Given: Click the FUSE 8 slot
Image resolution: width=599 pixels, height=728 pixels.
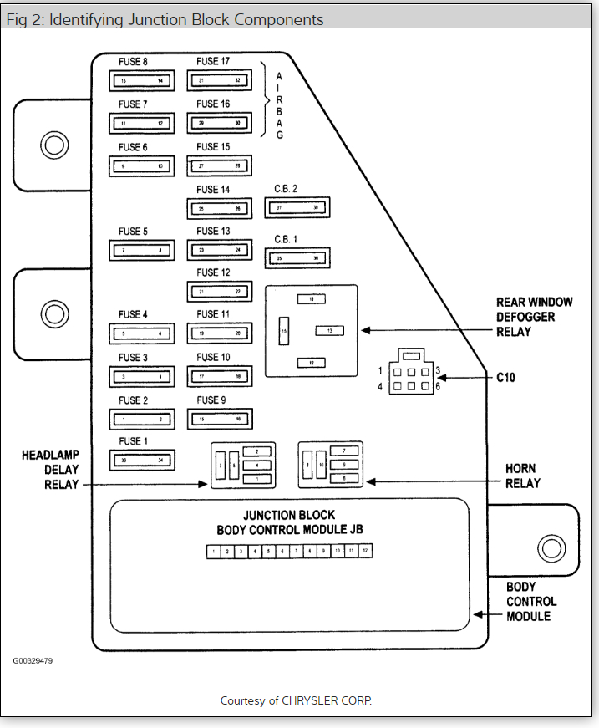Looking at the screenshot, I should (x=141, y=80).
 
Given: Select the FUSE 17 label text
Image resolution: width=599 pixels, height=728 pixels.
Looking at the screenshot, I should (x=213, y=61).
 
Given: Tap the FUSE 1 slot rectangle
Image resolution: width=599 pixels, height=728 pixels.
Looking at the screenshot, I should (x=141, y=459).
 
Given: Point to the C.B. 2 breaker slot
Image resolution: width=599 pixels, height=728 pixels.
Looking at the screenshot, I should (x=297, y=206).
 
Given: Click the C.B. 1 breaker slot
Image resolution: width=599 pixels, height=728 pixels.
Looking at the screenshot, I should (x=297, y=258).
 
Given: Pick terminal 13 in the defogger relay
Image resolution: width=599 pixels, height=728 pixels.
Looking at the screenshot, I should (x=329, y=331).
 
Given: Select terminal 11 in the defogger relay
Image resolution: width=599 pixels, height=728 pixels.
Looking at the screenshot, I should (x=311, y=298).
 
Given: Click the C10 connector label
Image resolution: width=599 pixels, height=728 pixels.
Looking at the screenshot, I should (x=505, y=378).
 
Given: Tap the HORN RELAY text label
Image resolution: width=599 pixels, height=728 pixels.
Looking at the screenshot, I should (x=522, y=476).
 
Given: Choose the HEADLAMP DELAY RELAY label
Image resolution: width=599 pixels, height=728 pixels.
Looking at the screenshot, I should (x=50, y=469).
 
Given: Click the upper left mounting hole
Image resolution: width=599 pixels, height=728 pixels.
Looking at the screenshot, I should (x=54, y=145).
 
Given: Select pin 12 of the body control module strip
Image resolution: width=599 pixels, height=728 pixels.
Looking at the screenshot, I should (x=364, y=552).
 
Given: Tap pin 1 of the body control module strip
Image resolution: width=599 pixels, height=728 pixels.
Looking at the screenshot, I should (x=214, y=552).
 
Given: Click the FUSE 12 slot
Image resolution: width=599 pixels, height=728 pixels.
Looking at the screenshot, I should (x=219, y=291).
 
